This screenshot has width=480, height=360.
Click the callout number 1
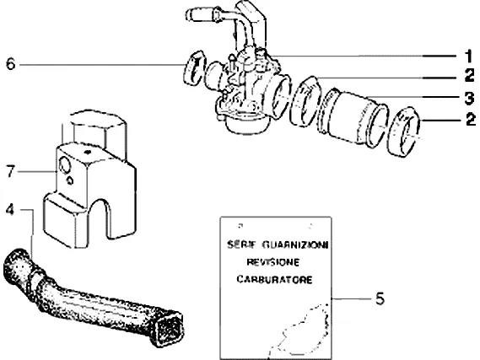tap(469, 56)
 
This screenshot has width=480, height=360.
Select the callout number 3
tap(469, 98)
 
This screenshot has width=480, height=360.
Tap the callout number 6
tap(11, 64)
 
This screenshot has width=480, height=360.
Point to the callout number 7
tap(11, 171)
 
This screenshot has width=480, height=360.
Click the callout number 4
tap(10, 210)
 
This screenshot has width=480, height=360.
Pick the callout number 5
tap(380, 298)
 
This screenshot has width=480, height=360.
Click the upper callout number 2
tap(470, 75)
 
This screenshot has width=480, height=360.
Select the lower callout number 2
tap(471, 119)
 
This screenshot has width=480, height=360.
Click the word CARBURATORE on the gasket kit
tap(274, 280)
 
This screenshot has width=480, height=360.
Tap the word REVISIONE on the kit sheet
tap(273, 262)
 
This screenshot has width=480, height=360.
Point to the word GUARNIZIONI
tap(295, 244)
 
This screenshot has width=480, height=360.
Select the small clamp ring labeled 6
tap(194, 68)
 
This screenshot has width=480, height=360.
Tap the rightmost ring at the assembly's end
tap(404, 132)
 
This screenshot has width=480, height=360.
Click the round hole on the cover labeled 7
tap(65, 165)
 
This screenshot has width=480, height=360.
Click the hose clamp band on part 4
tap(34, 280)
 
